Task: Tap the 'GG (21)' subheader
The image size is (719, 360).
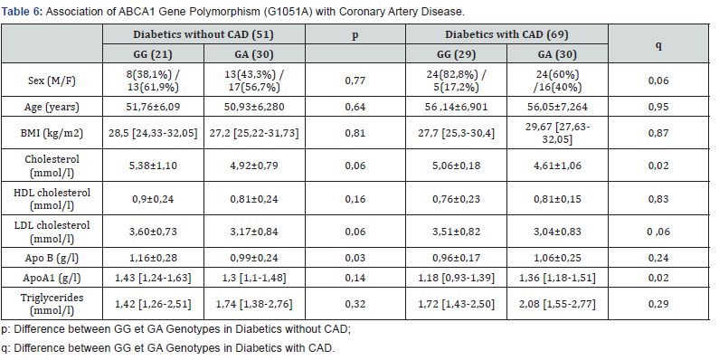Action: coord(152,53)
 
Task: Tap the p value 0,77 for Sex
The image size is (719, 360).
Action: coord(354,81)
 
